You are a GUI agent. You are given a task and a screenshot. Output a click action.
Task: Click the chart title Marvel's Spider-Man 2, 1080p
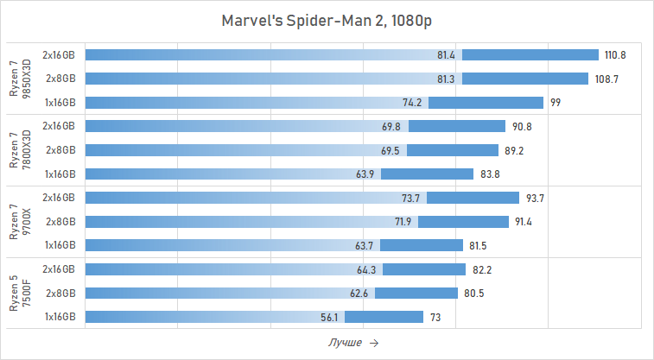click(x=327, y=20)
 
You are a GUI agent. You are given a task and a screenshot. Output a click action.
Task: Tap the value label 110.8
click(x=615, y=55)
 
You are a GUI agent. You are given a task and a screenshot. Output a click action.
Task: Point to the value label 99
click(x=556, y=103)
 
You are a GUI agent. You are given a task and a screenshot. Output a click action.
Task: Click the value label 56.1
click(x=329, y=318)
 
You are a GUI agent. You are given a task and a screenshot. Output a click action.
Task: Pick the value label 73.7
click(x=410, y=199)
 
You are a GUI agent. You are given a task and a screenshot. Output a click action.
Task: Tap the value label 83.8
click(x=489, y=174)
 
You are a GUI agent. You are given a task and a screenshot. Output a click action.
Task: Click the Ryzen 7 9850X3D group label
click(x=19, y=79)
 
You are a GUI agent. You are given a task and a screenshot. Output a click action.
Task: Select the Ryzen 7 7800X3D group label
click(x=19, y=150)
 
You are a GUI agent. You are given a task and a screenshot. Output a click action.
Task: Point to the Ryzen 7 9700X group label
click(x=19, y=222)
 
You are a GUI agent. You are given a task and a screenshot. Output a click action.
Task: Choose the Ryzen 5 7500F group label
click(x=19, y=294)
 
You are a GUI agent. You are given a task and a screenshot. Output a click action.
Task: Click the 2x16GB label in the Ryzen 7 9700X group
click(x=59, y=198)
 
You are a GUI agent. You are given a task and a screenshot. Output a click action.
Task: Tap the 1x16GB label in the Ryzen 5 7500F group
click(x=59, y=317)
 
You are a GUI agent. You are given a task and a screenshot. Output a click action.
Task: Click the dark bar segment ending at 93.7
click(x=473, y=198)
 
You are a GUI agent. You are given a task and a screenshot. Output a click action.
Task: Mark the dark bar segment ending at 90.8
click(x=457, y=126)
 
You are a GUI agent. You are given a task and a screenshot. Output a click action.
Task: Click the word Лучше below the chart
click(x=346, y=343)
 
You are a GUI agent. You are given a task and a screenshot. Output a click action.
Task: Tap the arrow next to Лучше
click(x=373, y=343)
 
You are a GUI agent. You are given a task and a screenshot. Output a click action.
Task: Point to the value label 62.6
click(x=359, y=294)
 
